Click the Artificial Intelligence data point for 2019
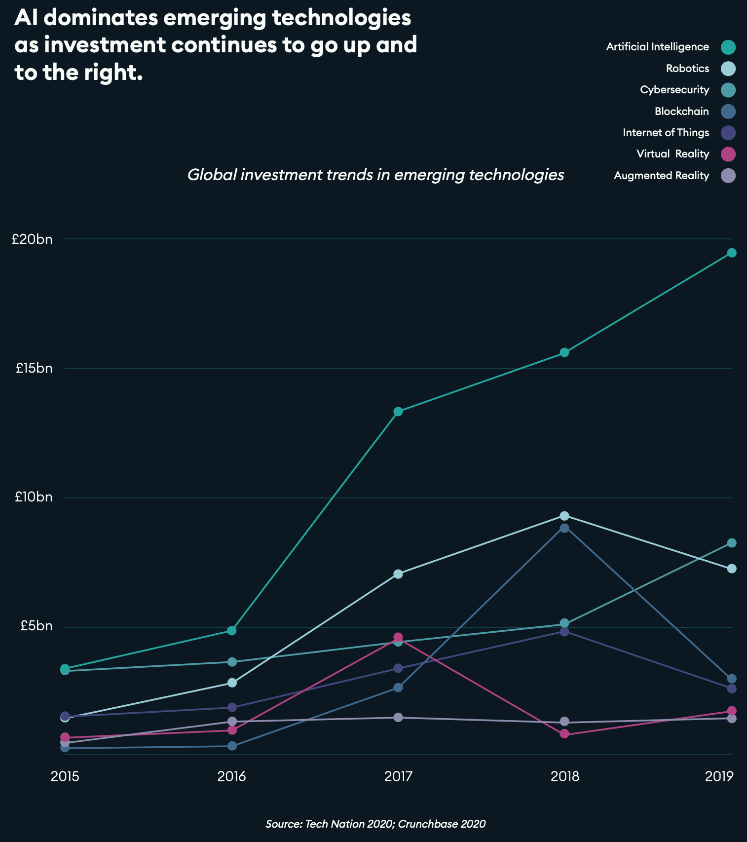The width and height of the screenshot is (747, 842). [732, 253]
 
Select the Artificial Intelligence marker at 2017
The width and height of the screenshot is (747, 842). [398, 412]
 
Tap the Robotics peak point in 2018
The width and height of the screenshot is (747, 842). [565, 516]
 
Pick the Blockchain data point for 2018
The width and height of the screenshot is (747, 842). [565, 528]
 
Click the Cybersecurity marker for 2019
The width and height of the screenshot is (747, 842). [732, 543]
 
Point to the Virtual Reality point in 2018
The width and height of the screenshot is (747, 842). [565, 734]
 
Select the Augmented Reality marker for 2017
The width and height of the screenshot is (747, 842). [398, 717]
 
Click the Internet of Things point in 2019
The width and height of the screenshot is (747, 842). [732, 689]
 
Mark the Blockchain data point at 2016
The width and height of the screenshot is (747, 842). [232, 746]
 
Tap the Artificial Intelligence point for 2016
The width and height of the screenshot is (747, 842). [232, 631]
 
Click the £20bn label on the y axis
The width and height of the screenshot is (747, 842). [32, 240]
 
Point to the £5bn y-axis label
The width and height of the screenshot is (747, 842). [36, 626]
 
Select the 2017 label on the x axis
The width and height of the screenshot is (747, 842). [398, 777]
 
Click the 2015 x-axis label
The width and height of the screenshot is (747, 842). [65, 777]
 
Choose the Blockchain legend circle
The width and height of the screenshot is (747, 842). [728, 112]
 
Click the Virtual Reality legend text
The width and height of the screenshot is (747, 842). [672, 154]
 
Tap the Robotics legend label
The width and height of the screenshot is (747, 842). [687, 69]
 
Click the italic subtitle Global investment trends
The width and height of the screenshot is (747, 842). [375, 175]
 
